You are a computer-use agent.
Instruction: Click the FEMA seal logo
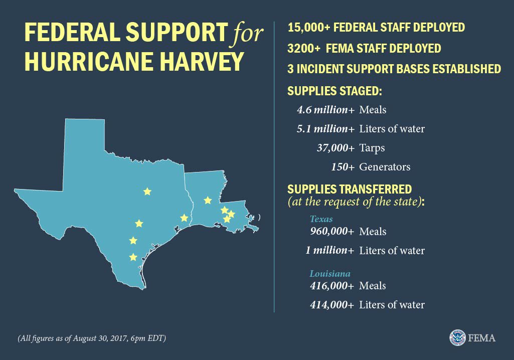point(457,337)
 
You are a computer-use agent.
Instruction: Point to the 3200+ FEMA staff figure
point(303,48)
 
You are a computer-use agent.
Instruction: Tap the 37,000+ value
point(335,148)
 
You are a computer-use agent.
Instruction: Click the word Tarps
point(372,148)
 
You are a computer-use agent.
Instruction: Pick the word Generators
point(385,167)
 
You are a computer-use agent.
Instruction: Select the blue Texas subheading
point(321,219)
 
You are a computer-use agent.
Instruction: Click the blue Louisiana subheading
point(329,274)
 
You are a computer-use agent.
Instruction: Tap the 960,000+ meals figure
point(331,231)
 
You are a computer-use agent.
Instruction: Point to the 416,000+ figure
point(331,286)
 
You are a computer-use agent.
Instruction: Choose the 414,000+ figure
point(331,305)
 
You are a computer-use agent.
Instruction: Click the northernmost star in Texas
point(147,192)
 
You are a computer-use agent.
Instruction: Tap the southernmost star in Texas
point(133,257)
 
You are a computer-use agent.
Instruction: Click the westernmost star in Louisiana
point(208,201)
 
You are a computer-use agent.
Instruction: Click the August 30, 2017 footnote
point(92,338)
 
